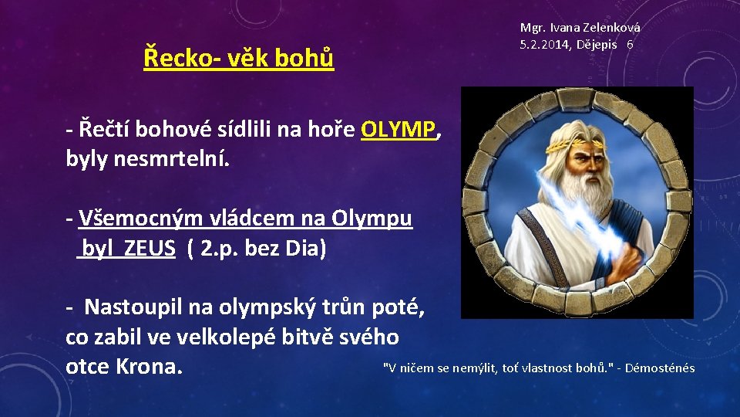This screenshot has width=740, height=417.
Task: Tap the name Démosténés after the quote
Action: (660, 368)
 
